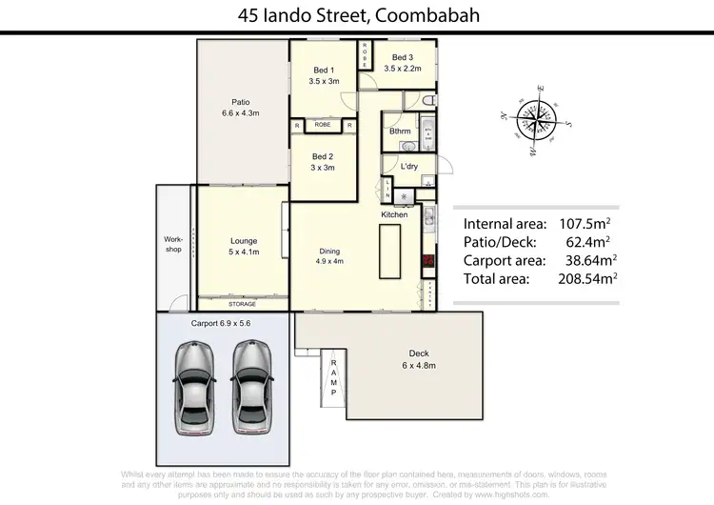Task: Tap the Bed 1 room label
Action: [324, 75]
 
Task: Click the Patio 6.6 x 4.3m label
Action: [241, 107]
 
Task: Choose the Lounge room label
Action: [244, 246]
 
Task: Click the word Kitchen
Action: [394, 215]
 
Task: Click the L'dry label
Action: [409, 167]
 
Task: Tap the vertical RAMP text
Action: [333, 375]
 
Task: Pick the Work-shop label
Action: [172, 244]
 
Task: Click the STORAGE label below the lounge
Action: [242, 304]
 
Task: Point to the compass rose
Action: [533, 121]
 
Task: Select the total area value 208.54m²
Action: [584, 280]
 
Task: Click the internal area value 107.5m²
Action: [584, 223]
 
